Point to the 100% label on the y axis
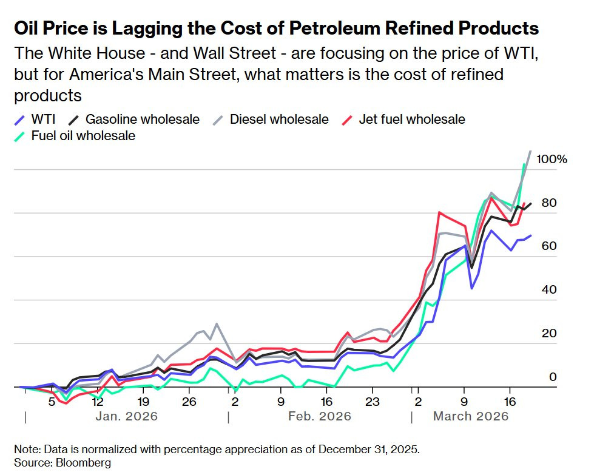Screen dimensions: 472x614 point(552,160)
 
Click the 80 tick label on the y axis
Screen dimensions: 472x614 point(549,203)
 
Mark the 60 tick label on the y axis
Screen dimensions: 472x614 point(549,246)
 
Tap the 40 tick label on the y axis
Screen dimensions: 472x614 point(549,290)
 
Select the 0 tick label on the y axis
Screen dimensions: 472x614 point(553,377)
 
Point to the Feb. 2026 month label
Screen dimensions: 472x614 point(320,416)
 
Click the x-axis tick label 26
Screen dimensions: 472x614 point(189,402)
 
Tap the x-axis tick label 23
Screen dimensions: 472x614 point(372,402)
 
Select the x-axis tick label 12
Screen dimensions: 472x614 point(97,402)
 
